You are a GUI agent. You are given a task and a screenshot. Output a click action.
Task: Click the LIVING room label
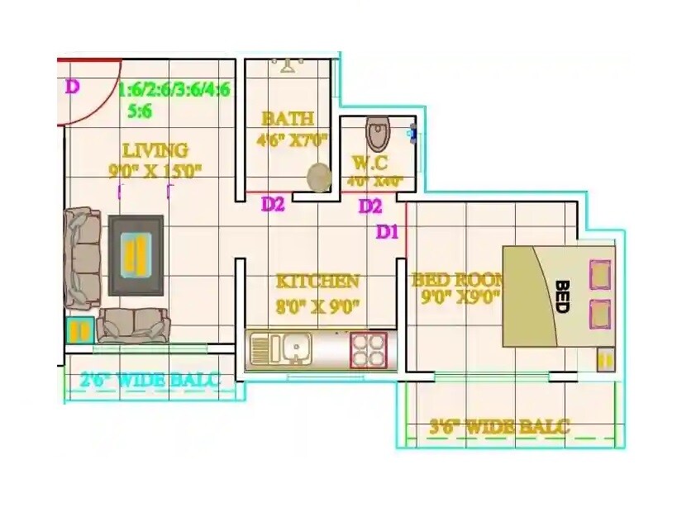[155, 150]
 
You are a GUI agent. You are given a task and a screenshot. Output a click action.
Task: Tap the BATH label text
[287, 118]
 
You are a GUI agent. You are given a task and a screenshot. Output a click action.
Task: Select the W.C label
[369, 163]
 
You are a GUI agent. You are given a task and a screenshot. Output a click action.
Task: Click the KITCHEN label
[317, 282]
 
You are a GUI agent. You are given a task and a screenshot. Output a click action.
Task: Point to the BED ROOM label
[455, 280]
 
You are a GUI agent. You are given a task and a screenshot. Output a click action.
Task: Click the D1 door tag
[388, 232]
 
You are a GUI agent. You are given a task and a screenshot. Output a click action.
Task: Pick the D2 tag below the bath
[273, 204]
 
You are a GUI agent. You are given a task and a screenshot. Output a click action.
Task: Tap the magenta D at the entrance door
[72, 86]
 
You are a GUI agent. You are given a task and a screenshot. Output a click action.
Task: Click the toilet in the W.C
[377, 133]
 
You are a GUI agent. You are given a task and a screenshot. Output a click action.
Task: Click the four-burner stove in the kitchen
[368, 348]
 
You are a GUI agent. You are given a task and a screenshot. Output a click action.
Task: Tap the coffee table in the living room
[136, 254]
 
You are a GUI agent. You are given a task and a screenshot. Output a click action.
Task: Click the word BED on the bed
[562, 296]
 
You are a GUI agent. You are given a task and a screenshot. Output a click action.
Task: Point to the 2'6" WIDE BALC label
[150, 381]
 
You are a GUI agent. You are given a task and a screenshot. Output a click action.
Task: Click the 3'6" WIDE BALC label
[499, 427]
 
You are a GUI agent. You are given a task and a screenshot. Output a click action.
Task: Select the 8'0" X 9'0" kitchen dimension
[317, 307]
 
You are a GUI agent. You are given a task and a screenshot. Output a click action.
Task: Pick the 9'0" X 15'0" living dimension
[155, 171]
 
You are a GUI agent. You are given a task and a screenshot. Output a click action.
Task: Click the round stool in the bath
[318, 176]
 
